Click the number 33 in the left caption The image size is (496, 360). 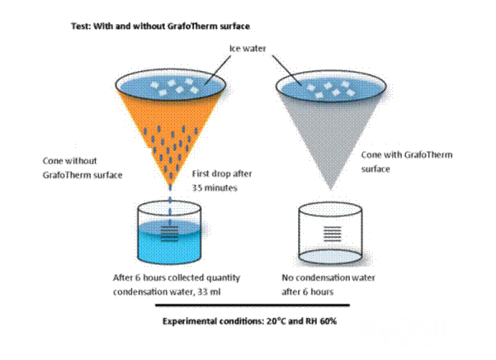201,290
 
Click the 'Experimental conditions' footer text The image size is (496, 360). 206,320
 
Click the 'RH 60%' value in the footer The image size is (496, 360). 319,320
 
